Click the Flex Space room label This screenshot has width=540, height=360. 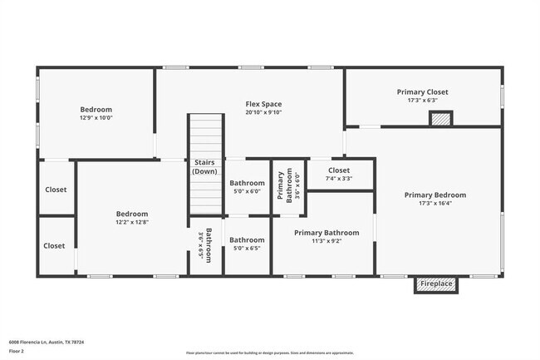point(263,103)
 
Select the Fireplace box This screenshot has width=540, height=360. point(436,284)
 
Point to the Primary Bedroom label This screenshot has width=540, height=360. point(434,195)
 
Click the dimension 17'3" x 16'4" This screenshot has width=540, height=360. point(434,205)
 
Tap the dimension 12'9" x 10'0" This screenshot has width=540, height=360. point(96,118)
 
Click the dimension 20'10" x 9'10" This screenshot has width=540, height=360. point(263,112)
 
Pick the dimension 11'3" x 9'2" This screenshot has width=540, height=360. point(326,241)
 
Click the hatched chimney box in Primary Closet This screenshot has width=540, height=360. point(441,120)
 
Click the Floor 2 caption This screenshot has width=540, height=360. point(17,351)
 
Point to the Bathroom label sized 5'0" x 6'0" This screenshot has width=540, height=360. point(247,183)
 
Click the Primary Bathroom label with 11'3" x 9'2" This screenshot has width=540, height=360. point(326,233)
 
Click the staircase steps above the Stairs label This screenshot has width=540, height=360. point(205,133)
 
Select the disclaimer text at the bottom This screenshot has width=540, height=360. point(270,353)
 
